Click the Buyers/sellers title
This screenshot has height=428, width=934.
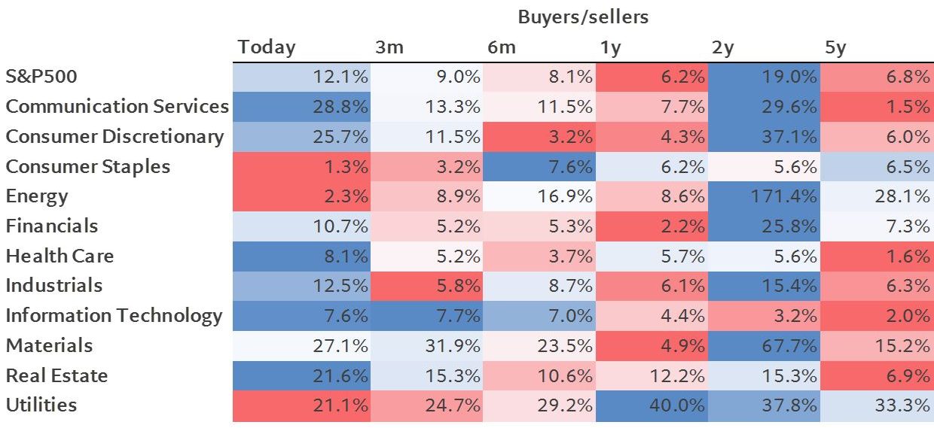click(x=582, y=17)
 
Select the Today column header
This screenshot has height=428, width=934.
click(x=267, y=47)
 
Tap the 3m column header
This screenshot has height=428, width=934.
click(x=389, y=47)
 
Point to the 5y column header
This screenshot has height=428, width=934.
click(x=836, y=47)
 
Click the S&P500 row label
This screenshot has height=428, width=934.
click(x=42, y=77)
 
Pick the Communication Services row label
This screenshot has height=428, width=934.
click(x=117, y=106)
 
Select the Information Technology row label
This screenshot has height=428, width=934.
click(x=114, y=315)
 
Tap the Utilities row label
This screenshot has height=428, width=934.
click(x=41, y=405)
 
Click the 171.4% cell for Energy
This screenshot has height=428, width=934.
click(x=764, y=196)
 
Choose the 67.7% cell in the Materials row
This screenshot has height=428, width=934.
click(x=764, y=346)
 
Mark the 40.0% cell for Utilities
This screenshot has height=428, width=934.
click(x=652, y=405)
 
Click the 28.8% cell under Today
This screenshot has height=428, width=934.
click(x=301, y=107)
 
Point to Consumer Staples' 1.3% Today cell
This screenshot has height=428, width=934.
click(x=301, y=167)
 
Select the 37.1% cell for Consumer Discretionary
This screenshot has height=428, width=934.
click(x=764, y=137)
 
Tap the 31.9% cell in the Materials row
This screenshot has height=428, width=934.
click(x=426, y=346)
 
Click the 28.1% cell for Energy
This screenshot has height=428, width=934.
click(x=877, y=196)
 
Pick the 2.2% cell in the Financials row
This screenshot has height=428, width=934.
click(x=652, y=226)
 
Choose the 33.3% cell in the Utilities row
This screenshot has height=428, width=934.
click(x=877, y=405)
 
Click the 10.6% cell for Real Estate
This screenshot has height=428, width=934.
click(x=539, y=375)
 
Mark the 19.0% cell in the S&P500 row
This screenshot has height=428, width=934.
click(x=764, y=77)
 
